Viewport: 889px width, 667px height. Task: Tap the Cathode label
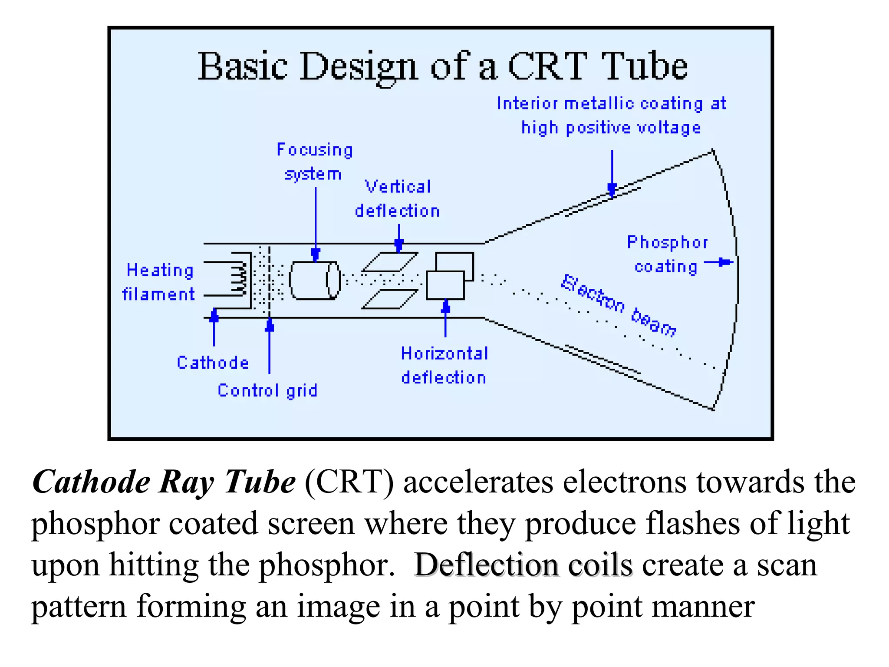[x=213, y=363]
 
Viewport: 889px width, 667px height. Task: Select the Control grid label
[x=267, y=390]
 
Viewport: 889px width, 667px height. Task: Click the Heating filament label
[x=159, y=282]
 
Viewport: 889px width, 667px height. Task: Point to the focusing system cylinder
[x=314, y=280]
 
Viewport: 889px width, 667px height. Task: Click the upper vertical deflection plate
[x=389, y=262]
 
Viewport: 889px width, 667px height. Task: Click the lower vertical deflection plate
[x=389, y=299]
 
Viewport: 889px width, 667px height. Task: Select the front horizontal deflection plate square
[x=445, y=285]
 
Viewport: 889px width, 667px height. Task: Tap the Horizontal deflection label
[x=444, y=366]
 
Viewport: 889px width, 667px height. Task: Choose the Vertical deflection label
[x=397, y=199]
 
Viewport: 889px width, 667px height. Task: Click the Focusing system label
[x=314, y=162]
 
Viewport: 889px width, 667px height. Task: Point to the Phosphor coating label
[x=667, y=254]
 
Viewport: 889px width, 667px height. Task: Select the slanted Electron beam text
[x=618, y=305]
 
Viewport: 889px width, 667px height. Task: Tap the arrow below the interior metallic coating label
[x=612, y=174]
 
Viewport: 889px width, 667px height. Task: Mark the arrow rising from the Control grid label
[x=269, y=345]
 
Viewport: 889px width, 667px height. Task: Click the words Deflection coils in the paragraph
[x=523, y=565]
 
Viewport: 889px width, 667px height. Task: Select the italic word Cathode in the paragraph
[x=91, y=482]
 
